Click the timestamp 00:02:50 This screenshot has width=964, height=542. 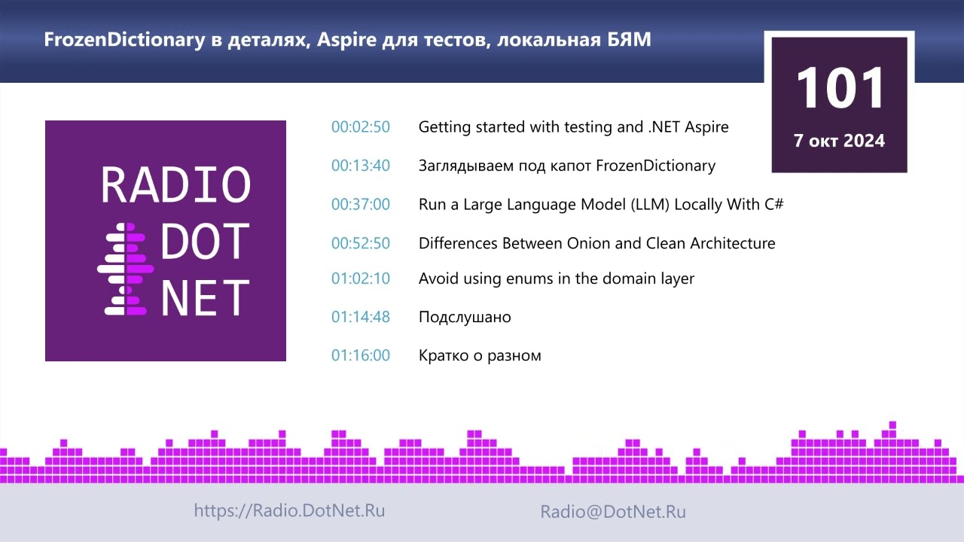tap(361, 127)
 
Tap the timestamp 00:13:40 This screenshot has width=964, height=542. tap(361, 166)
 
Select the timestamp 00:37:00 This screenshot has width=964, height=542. tap(361, 204)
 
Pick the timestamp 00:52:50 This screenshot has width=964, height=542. tap(361, 243)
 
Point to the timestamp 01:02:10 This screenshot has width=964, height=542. tap(361, 279)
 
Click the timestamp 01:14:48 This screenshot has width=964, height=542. tap(361, 317)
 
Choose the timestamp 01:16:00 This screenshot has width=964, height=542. tap(361, 355)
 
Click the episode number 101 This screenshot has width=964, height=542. tap(840, 88)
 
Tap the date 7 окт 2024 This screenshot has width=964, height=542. tap(839, 141)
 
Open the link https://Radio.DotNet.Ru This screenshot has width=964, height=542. tap(289, 510)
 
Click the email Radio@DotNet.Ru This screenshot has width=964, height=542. tap(613, 511)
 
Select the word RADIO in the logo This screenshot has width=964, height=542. tap(175, 184)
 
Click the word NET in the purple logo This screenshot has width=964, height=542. tap(205, 297)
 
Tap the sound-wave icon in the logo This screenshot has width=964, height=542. tap(125, 269)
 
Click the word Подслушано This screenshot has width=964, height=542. tap(465, 317)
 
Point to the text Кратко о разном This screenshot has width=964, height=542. tap(480, 355)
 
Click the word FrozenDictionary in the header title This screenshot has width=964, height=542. tap(124, 40)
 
